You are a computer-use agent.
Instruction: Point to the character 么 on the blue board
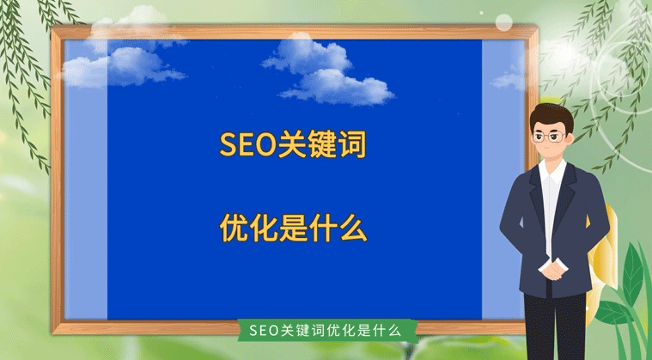pos(352,228)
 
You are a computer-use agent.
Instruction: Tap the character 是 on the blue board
pos(294,228)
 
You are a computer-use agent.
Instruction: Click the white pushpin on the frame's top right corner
pos(503,21)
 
